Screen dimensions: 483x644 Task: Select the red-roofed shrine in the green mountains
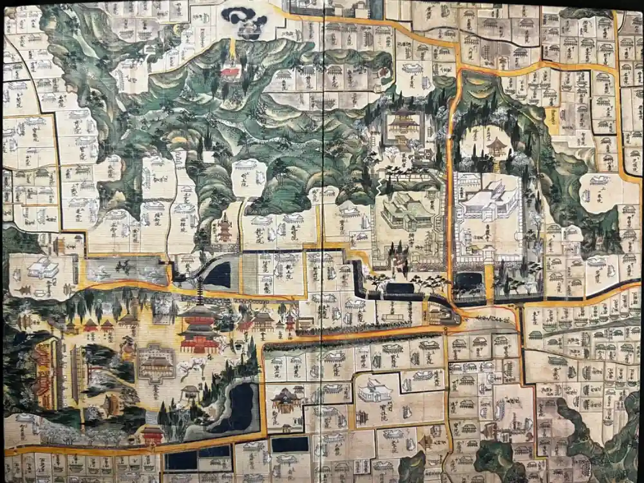point(231,71)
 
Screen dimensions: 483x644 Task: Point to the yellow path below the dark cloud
point(232,49)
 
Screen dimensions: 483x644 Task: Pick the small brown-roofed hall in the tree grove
point(497,147)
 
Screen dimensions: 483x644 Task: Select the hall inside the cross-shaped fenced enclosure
point(156,364)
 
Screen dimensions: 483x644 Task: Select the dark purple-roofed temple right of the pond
point(284,399)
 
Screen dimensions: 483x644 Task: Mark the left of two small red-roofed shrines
point(90,325)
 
